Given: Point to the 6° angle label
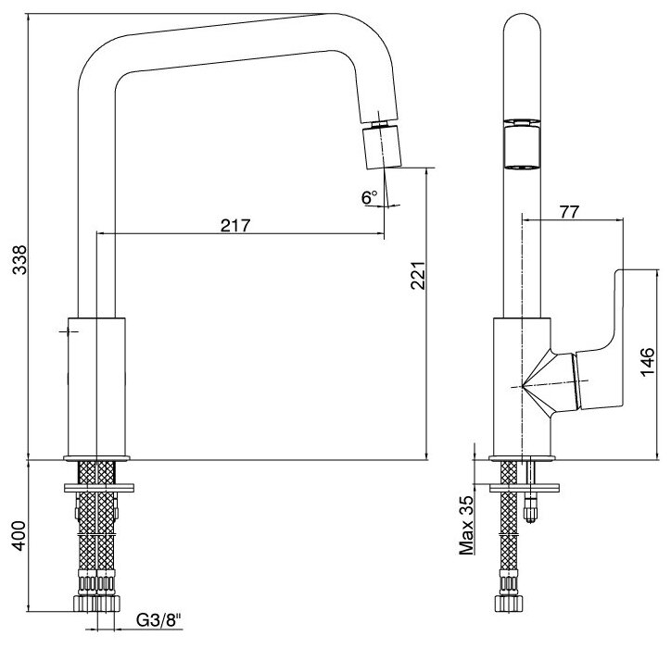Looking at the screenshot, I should pyautogui.click(x=370, y=197).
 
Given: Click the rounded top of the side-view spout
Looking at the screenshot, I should pyautogui.click(x=522, y=28).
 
